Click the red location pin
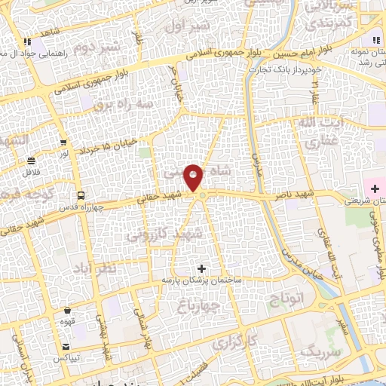(x=195, y=178)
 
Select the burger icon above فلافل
(x=32, y=161)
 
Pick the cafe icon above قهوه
(x=68, y=309)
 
